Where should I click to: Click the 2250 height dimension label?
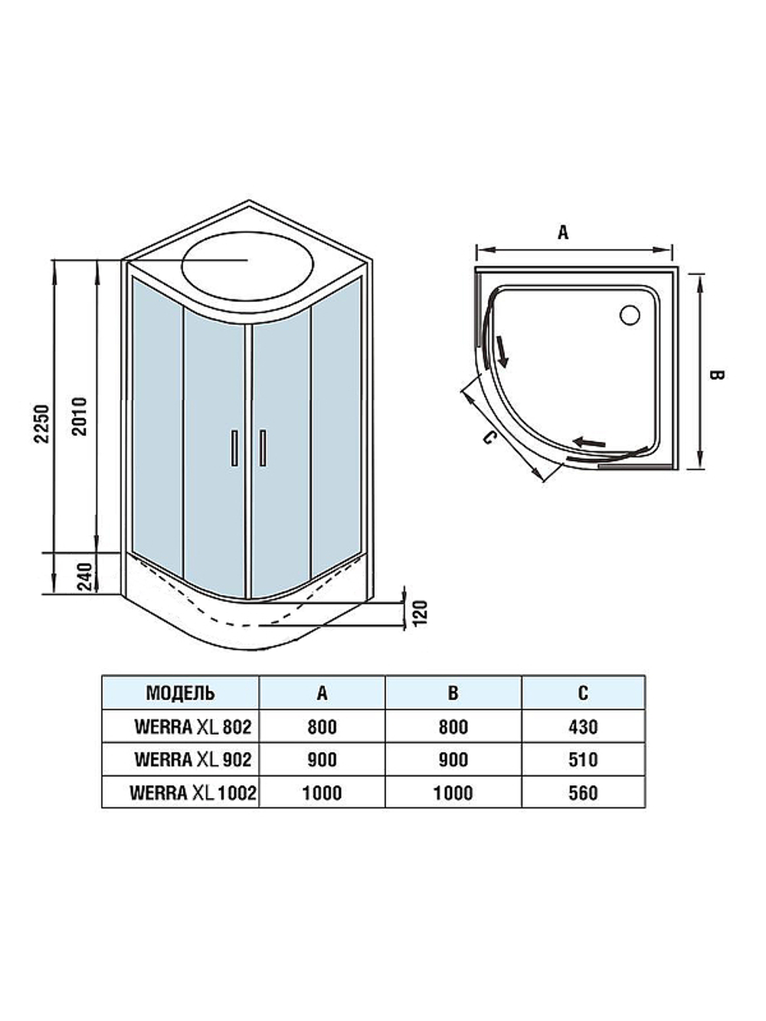pos(44,424)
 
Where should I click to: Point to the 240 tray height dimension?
pos(84,576)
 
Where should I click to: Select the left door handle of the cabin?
pos(234,447)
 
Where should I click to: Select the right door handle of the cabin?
pos(262,447)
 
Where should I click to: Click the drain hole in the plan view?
pos(630,314)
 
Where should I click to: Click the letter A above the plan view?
pos(563,232)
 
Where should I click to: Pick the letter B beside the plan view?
pos(716,375)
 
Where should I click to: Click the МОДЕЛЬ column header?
pos(180,693)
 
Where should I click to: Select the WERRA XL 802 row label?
pos(192,726)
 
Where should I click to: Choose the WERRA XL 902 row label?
pos(192,759)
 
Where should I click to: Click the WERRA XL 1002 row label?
pos(192,793)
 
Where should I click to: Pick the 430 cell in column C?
pos(583,726)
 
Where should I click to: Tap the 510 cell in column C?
pos(583,759)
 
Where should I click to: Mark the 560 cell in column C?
pos(583,793)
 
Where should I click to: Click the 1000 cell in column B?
pos(453,793)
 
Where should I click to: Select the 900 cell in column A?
pos(322,759)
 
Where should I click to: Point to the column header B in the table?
pos(453,693)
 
